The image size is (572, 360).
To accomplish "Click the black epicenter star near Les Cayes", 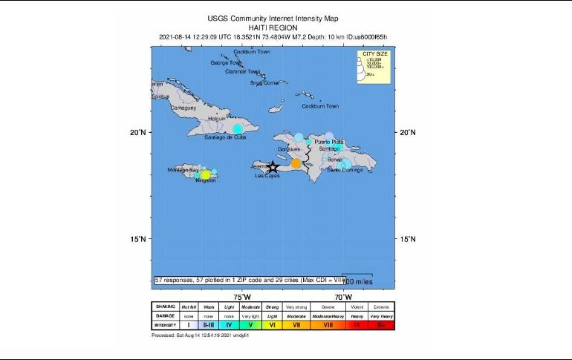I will tap(273, 167).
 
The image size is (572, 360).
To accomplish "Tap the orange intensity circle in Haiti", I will tap(296, 164).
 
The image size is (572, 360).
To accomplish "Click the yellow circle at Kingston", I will tap(205, 175).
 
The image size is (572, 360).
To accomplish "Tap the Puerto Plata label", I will tap(329, 141).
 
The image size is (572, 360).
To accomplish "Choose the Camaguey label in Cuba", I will tap(183, 108).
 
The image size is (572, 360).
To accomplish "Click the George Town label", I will tap(226, 62).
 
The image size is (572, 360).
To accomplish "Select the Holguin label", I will tap(216, 119).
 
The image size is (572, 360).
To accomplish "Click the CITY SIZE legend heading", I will tap(375, 54).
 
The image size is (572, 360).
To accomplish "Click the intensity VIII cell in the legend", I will tap(328, 324).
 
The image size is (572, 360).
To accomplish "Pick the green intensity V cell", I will tap(251, 324).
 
